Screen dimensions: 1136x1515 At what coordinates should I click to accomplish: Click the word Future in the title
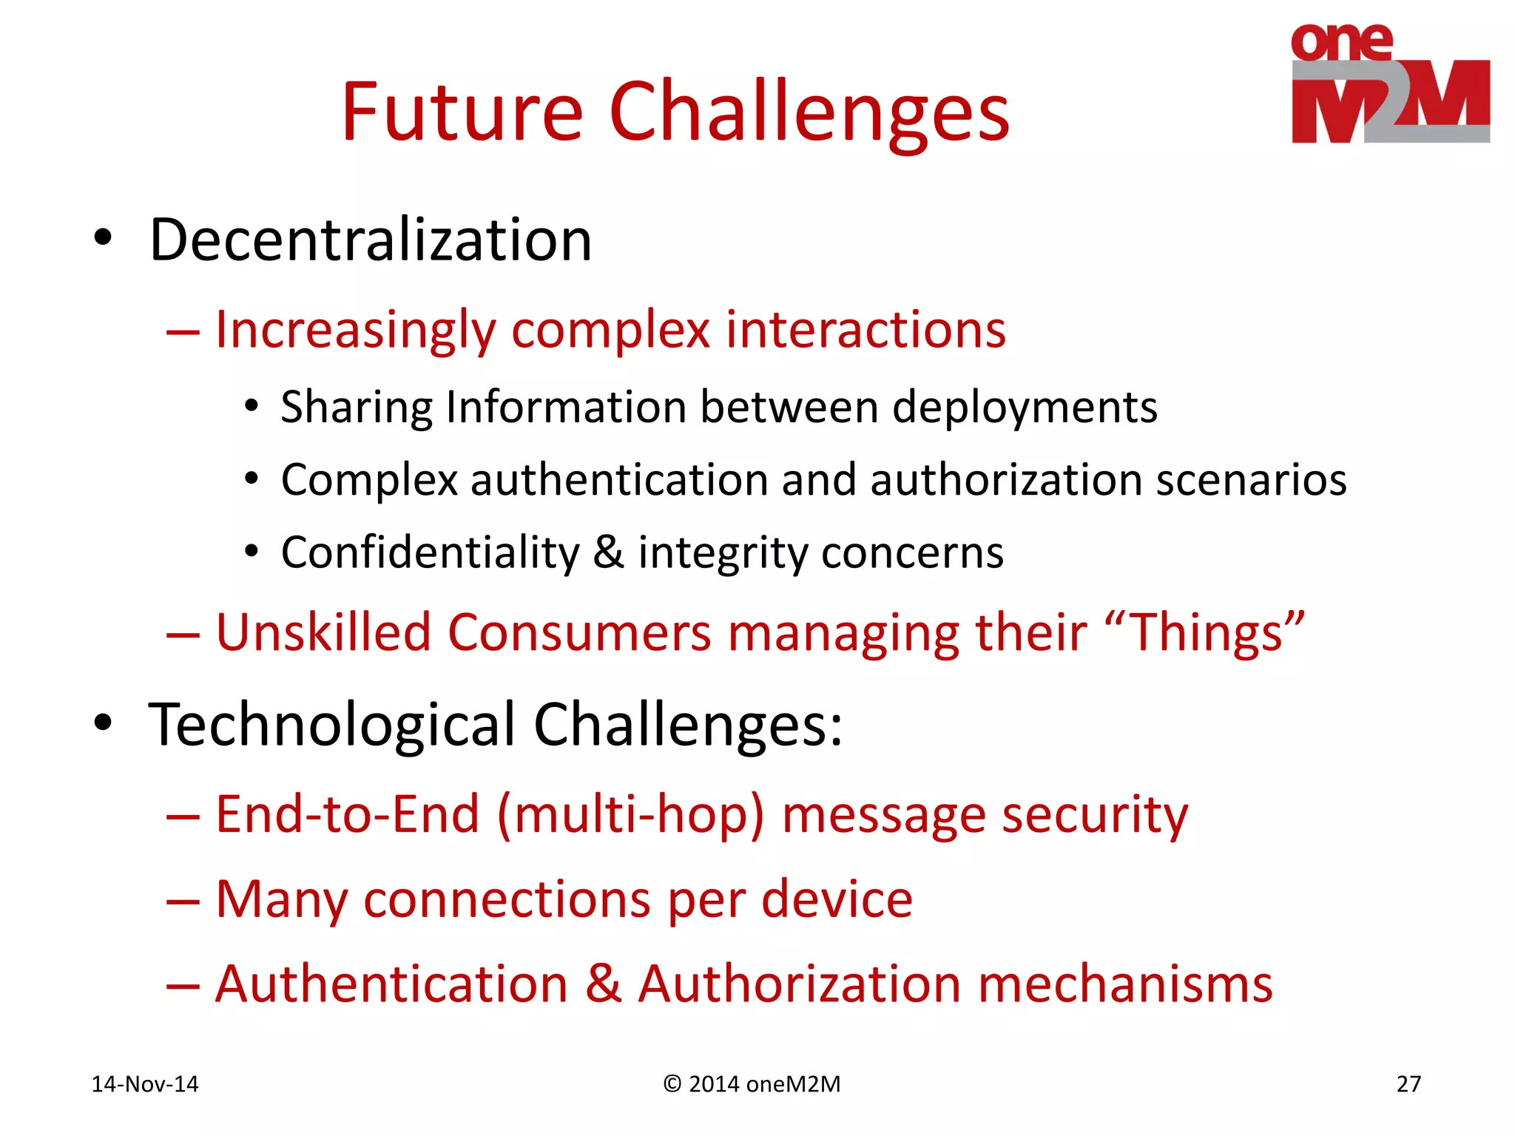click(462, 112)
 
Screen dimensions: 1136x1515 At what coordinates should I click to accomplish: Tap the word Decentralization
click(370, 240)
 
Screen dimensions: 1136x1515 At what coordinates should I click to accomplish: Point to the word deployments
click(1025, 408)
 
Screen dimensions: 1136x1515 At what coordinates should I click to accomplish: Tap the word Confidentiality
click(430, 553)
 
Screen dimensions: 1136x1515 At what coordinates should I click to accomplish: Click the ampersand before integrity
click(608, 552)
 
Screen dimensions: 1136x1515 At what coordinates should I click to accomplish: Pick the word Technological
click(331, 725)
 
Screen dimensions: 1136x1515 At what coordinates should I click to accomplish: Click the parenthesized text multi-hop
click(630, 815)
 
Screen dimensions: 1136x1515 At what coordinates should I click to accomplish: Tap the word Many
click(281, 900)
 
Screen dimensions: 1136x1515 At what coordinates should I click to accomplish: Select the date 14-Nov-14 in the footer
click(145, 1084)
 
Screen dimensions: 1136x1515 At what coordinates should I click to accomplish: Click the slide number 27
click(1408, 1084)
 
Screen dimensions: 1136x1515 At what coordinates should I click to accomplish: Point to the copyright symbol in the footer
click(672, 1084)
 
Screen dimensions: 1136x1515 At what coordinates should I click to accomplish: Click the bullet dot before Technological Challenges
click(103, 723)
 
